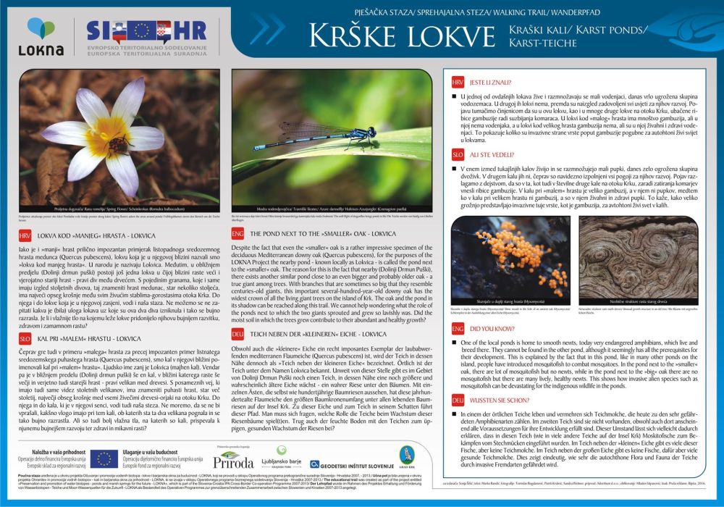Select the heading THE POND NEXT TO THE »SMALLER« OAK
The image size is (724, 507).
[x=322, y=235]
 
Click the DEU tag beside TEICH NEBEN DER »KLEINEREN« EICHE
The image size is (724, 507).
[x=237, y=334]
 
